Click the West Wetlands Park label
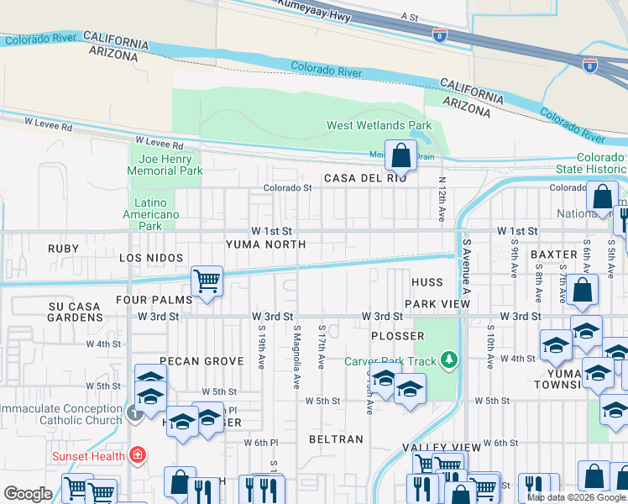tap(379, 126)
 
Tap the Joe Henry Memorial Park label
tap(165, 165)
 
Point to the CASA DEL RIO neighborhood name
tap(365, 178)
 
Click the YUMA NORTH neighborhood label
tap(265, 244)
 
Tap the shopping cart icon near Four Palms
tap(207, 281)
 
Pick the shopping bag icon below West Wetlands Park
tap(402, 155)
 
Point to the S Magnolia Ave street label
tap(296, 356)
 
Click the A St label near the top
tap(409, 16)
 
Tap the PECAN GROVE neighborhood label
tap(201, 361)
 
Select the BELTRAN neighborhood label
tap(336, 439)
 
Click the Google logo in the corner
tap(28, 494)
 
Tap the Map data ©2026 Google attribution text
tap(576, 497)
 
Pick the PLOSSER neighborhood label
tap(397, 336)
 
